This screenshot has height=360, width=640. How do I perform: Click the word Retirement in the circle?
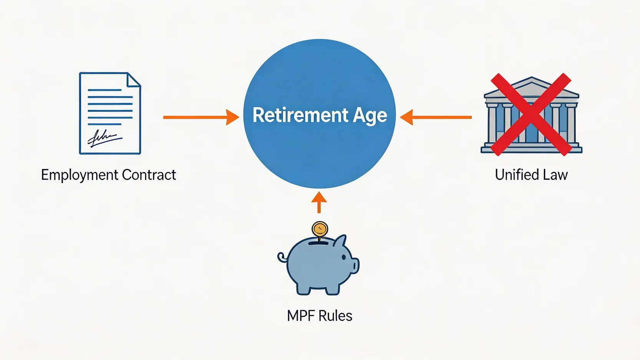pyautogui.click(x=295, y=115)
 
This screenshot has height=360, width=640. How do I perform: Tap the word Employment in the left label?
pyautogui.click(x=80, y=175)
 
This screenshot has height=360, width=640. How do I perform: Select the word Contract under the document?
pyautogui.click(x=149, y=175)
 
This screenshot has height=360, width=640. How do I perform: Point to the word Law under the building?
pyautogui.click(x=555, y=175)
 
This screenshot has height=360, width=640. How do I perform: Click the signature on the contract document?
pyautogui.click(x=103, y=138)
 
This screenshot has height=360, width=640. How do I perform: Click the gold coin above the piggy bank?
pyautogui.click(x=320, y=229)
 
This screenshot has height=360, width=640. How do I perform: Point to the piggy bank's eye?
pyautogui.click(x=344, y=257)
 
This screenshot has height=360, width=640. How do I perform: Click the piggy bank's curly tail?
pyautogui.click(x=282, y=257)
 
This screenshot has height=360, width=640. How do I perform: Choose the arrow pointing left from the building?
pyautogui.click(x=436, y=117)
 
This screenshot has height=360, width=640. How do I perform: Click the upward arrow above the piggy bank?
pyautogui.click(x=319, y=202)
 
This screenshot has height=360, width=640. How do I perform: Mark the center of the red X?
pyautogui.click(x=531, y=114)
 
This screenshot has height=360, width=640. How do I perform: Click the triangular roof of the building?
pyautogui.click(x=532, y=86)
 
